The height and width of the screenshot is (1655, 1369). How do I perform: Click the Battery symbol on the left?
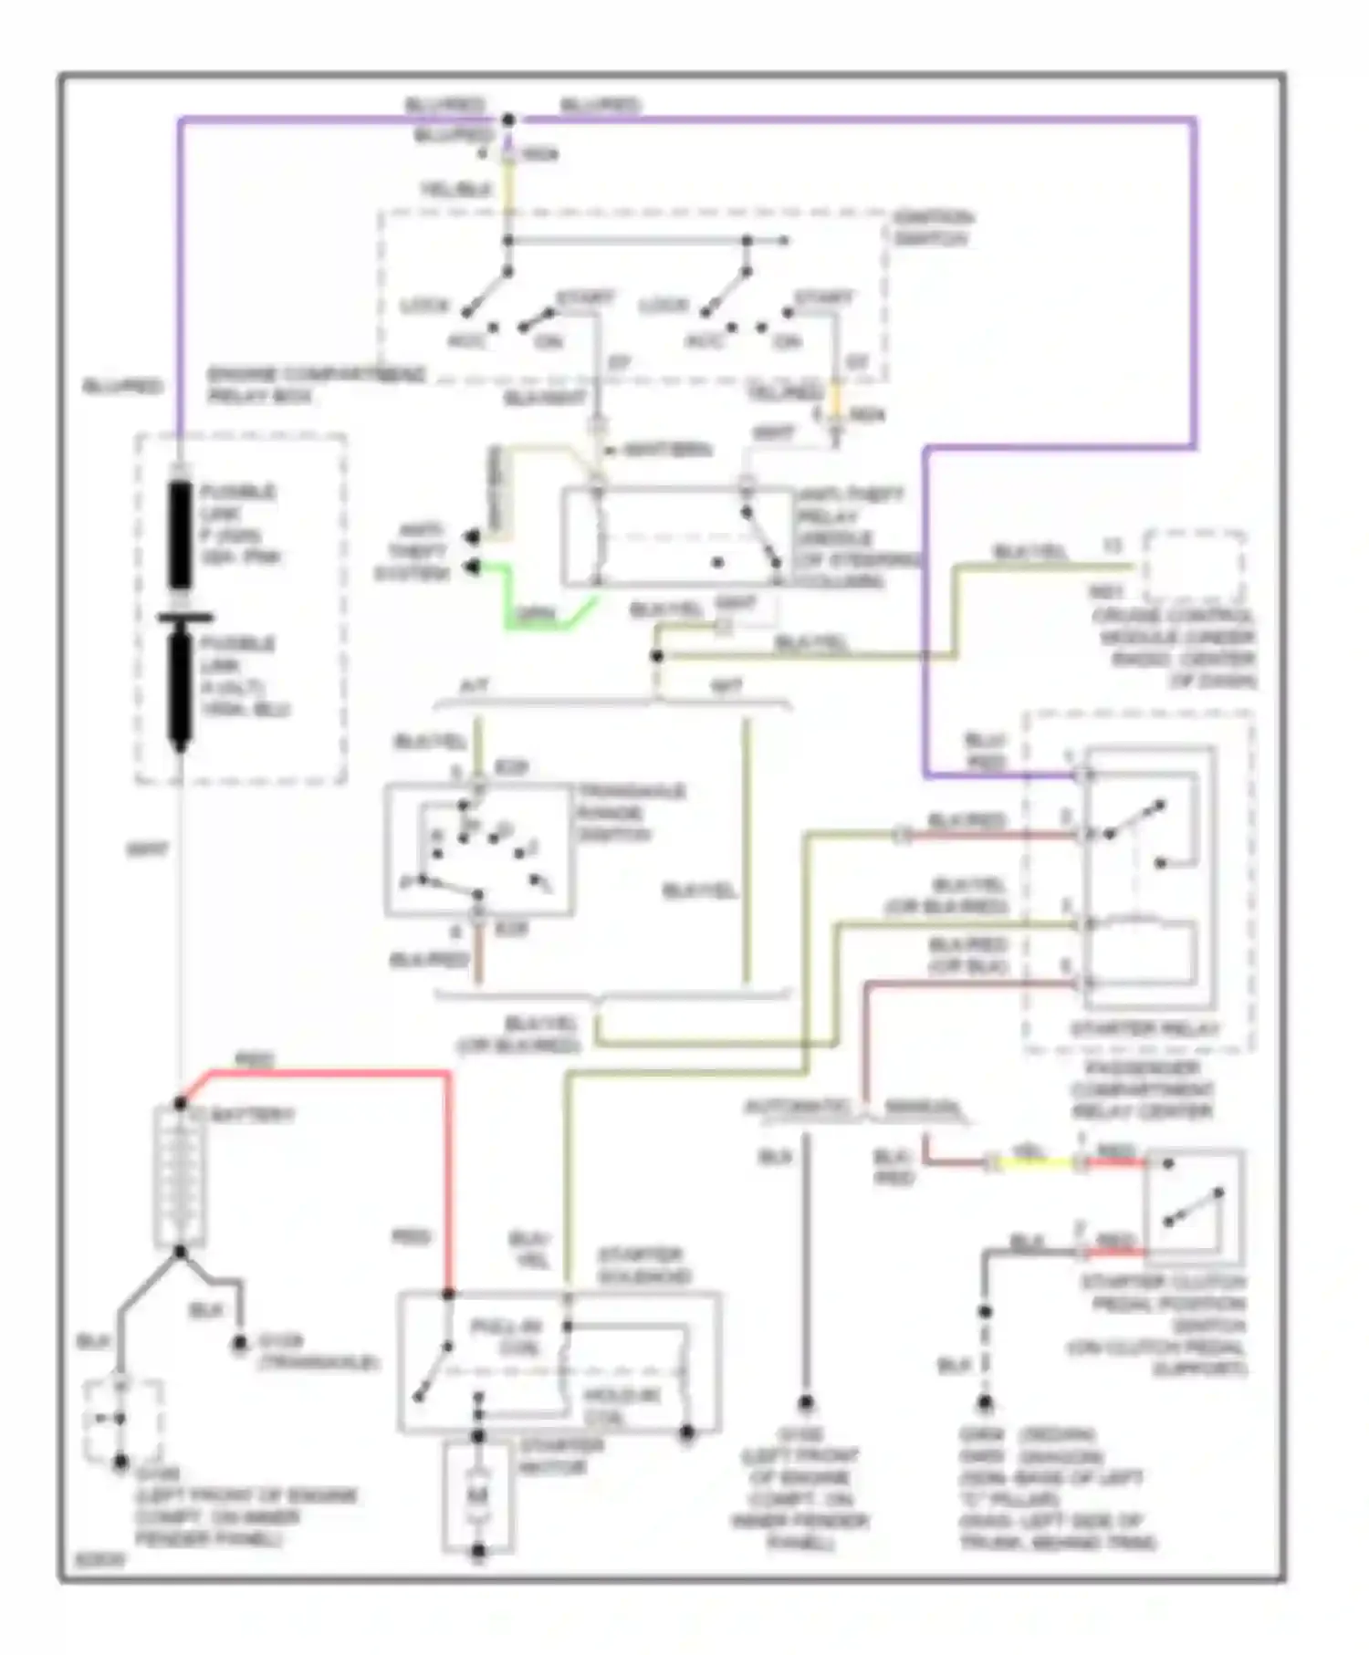[x=180, y=1177]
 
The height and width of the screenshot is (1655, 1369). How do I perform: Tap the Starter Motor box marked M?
[x=477, y=1495]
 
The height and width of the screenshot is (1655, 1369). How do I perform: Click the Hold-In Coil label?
[x=622, y=1406]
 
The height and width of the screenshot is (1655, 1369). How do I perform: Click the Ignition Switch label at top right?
[x=932, y=228]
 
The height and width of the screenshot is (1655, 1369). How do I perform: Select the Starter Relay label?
[x=1144, y=1029]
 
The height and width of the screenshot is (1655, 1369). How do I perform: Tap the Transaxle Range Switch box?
[x=479, y=849]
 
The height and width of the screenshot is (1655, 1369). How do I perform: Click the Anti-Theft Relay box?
[x=675, y=536]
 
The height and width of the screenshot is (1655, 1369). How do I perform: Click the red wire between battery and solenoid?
[x=448, y=1177]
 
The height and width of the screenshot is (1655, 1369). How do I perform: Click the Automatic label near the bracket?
[x=797, y=1109]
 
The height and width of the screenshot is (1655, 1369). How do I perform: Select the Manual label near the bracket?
[x=923, y=1109]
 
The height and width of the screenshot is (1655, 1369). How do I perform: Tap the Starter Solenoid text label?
[x=644, y=1266]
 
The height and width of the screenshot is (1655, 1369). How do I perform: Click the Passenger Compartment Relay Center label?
[x=1141, y=1089]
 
